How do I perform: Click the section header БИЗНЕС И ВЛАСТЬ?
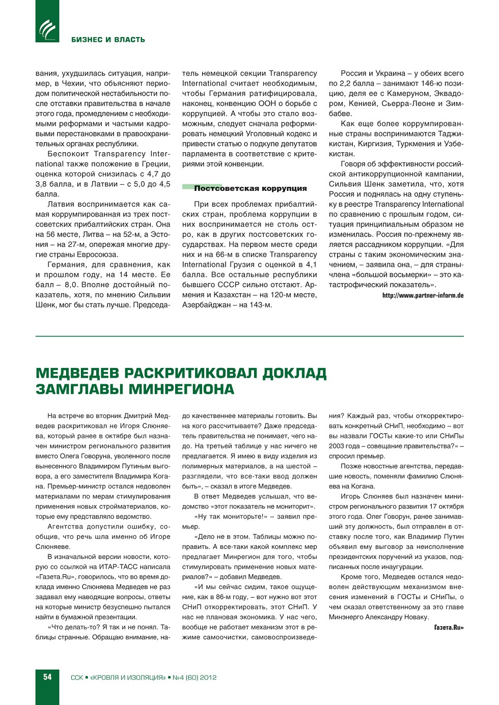pos(108,40)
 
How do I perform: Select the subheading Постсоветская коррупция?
pos(250,188)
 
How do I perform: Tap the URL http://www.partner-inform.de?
pos(423,295)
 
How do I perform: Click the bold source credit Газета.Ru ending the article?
pos(449,627)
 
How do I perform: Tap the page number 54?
pos(47,677)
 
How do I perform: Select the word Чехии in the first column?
pos(75,83)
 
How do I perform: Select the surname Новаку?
pos(415,617)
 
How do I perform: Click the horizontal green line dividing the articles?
pos(249,336)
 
